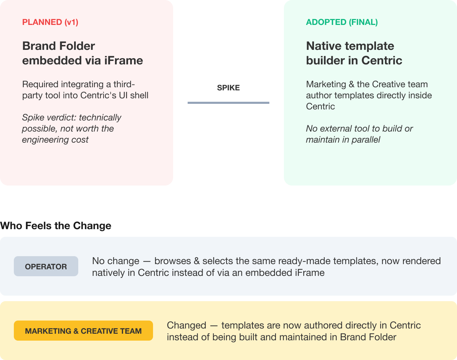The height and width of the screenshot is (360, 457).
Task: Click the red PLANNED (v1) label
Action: point(50,22)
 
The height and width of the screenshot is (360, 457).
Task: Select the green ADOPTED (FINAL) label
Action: point(342,22)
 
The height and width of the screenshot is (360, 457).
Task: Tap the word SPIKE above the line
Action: point(228,88)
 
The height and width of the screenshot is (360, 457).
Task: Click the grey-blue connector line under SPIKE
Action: point(228,103)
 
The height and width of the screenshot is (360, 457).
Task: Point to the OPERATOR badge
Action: point(46,266)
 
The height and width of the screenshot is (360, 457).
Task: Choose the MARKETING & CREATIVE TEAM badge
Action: point(83,331)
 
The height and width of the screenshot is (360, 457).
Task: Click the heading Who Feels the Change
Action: point(56,226)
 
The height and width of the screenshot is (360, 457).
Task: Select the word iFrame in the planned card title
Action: point(123,61)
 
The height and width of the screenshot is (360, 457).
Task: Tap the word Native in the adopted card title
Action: point(324,46)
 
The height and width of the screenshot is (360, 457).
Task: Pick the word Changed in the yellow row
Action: point(187,325)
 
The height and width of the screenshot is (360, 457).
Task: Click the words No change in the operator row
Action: point(116,261)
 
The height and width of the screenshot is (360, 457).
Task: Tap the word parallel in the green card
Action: point(366,140)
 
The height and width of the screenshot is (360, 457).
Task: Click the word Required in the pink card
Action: point(40,84)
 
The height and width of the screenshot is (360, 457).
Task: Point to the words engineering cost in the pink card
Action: point(55,140)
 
